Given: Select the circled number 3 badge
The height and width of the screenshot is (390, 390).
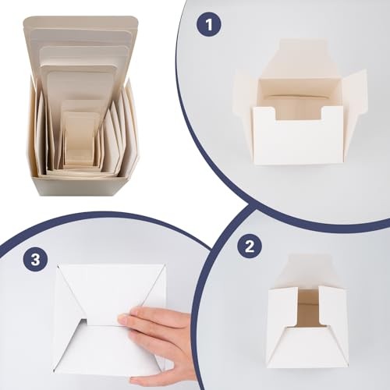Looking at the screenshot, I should tap(35, 259).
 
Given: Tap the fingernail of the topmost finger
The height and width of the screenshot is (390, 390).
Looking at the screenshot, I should tap(123, 318).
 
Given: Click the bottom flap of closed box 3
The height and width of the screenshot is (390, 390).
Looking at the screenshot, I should tap(109, 347).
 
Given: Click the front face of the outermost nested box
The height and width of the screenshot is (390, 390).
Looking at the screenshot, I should tap(78, 185).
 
